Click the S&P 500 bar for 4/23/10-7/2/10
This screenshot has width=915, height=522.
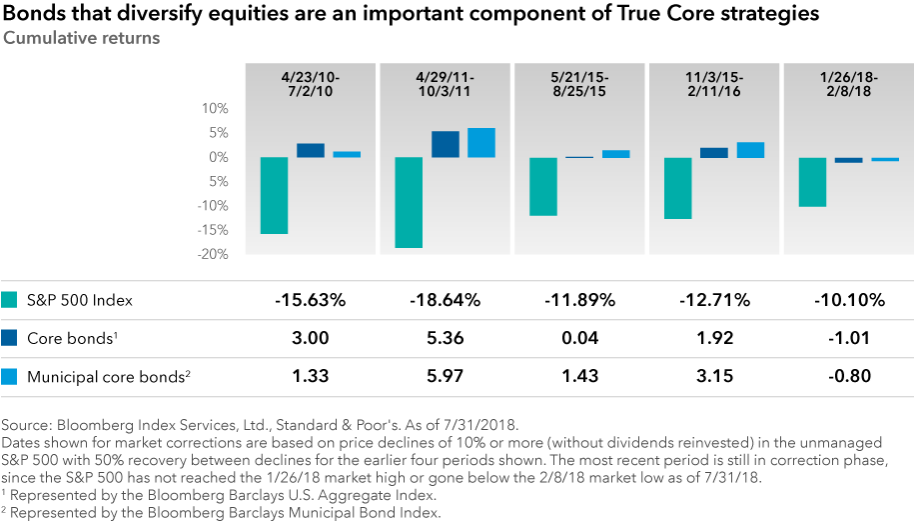pyautogui.click(x=275, y=195)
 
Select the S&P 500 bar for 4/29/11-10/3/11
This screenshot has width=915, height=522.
pyautogui.click(x=410, y=202)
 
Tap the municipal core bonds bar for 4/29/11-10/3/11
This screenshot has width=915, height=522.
pyautogui.click(x=481, y=143)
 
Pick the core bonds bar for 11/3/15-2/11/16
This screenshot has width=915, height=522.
pyautogui.click(x=714, y=153)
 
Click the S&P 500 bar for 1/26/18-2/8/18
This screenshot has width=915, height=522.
pyautogui.click(x=813, y=182)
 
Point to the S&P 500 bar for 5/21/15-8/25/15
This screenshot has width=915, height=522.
pyautogui.click(x=543, y=186)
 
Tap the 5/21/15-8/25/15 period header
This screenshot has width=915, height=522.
pyautogui.click(x=578, y=83)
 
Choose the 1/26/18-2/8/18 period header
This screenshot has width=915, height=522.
pyautogui.click(x=848, y=83)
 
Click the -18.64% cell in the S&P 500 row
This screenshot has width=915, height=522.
pyautogui.click(x=446, y=300)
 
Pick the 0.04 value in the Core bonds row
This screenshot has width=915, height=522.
pyautogui.click(x=579, y=338)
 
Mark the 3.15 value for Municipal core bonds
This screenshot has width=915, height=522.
pyautogui.click(x=713, y=376)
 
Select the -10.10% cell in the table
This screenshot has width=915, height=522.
pyautogui.click(x=848, y=300)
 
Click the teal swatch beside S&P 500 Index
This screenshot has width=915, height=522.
pyautogui.click(x=11, y=300)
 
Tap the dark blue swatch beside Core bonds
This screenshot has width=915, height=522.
pyautogui.click(x=11, y=338)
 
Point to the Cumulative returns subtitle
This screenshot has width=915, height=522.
pyautogui.click(x=81, y=38)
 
